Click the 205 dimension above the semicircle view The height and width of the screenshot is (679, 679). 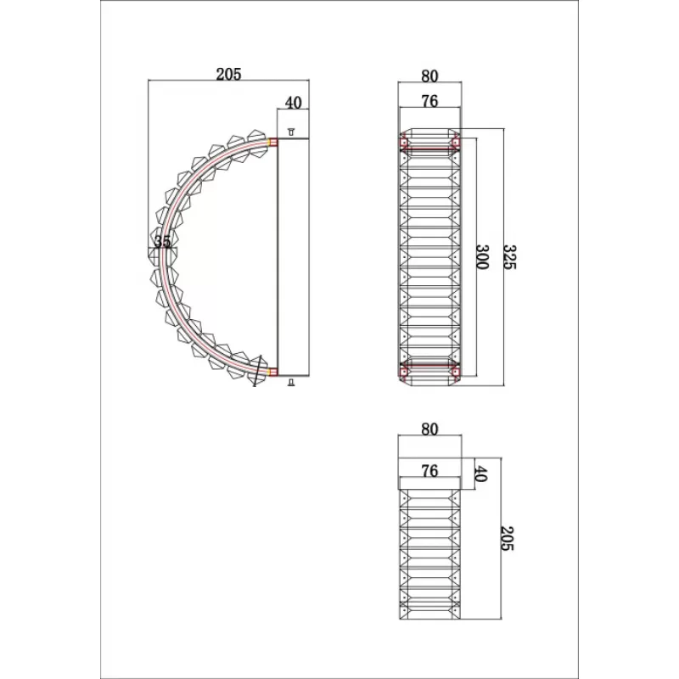228,75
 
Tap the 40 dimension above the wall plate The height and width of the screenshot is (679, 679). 293,103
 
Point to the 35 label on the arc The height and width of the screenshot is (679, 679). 162,241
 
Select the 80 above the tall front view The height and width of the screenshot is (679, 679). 429,76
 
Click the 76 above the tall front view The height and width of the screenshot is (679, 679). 429,101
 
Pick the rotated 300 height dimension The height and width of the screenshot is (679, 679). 482,257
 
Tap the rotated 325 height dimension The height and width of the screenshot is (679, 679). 510,257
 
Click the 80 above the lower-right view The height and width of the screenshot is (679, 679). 429,429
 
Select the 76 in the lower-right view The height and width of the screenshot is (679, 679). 429,471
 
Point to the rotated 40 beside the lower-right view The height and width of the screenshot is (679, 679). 481,474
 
